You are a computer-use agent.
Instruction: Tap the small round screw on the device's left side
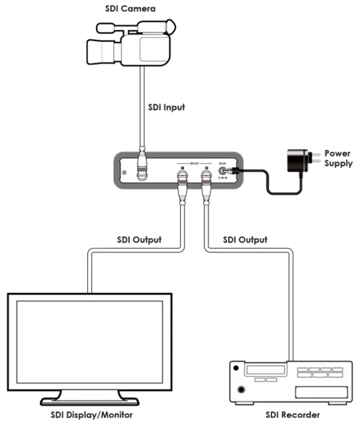point(124,174)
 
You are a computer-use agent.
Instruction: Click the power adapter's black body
point(297,161)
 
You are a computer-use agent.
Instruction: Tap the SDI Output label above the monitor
point(140,239)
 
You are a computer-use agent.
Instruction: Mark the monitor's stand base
point(90,399)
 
